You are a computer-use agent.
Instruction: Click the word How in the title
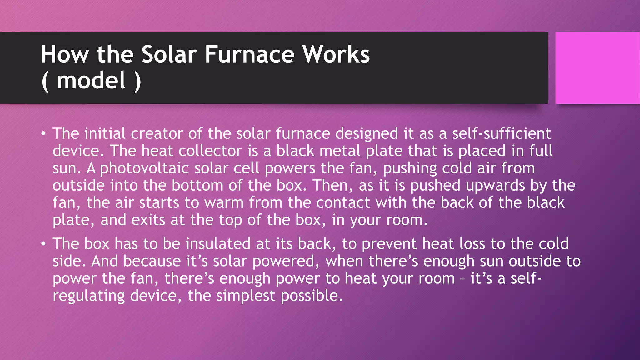click(65, 54)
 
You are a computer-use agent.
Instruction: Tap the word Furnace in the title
click(249, 54)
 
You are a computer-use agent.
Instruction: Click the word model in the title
click(91, 81)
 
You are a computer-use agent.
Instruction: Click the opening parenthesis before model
click(45, 81)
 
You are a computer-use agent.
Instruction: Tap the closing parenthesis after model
click(137, 81)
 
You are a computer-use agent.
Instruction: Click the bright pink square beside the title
click(597, 67)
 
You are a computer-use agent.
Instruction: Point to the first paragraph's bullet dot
click(43, 134)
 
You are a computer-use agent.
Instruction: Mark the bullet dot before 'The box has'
click(43, 244)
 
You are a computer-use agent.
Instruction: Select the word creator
click(157, 133)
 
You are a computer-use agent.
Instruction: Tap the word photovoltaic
click(144, 168)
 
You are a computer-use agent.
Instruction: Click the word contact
click(343, 203)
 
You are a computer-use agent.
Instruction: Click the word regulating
click(88, 296)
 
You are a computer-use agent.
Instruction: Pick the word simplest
click(246, 296)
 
